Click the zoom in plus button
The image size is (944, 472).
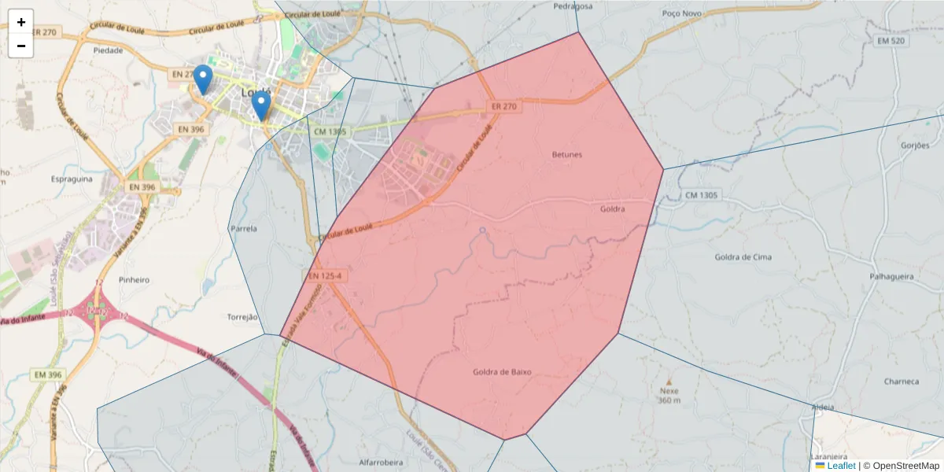pos(21,22)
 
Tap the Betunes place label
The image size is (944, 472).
pos(567,155)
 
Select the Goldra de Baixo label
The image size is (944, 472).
pos(503,372)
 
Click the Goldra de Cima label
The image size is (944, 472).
pos(743,257)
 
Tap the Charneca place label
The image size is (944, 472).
pos(901,382)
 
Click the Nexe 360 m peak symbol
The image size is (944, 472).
pos(669,380)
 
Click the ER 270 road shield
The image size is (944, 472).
pos(503,106)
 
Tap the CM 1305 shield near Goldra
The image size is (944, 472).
pos(702,194)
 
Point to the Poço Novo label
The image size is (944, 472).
pos(681,13)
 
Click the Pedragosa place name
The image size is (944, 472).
pos(573,6)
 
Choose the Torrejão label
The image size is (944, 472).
pos(242,317)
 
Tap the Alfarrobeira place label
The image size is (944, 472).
pos(381,463)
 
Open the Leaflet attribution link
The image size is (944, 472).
pos(841,466)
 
